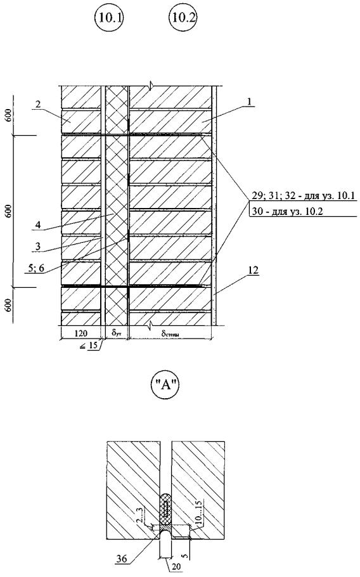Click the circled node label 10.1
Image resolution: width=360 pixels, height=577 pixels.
tap(109, 18)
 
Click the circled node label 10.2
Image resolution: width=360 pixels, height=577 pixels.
tap(183, 18)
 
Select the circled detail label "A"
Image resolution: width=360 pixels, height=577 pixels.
tap(165, 386)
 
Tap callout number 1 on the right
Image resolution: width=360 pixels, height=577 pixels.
tap(250, 102)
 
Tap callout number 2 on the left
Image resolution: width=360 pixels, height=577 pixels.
tap(38, 105)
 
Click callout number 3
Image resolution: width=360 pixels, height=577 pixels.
tap(38, 246)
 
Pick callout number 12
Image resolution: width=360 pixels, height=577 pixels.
tap(253, 271)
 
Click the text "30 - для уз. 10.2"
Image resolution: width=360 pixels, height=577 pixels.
tap(286, 211)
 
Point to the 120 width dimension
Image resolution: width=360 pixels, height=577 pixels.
tap(81, 333)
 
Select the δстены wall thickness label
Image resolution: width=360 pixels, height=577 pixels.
tap(171, 334)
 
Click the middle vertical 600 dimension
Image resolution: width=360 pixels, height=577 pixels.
tap(9, 211)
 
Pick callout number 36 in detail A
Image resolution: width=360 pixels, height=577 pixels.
tap(122, 559)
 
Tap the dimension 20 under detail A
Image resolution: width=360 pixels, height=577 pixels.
tap(177, 567)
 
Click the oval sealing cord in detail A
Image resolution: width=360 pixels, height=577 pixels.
tap(166, 508)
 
